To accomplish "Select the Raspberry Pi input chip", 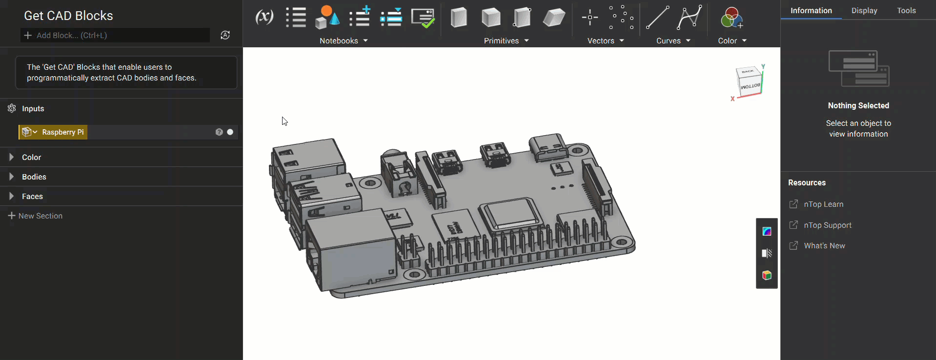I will (53, 132).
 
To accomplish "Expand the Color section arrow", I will (11, 157).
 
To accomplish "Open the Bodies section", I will (34, 177).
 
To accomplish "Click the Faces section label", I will (32, 196).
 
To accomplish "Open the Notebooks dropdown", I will (344, 41).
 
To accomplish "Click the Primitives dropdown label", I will (501, 41).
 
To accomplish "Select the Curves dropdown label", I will (668, 41).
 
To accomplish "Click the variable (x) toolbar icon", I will (264, 18).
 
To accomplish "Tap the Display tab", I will (864, 11).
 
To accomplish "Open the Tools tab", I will (906, 11).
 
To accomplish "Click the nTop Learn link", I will (823, 204).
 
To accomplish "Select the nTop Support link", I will (827, 225).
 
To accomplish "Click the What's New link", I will (824, 246).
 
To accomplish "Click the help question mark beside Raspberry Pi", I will (219, 132).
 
